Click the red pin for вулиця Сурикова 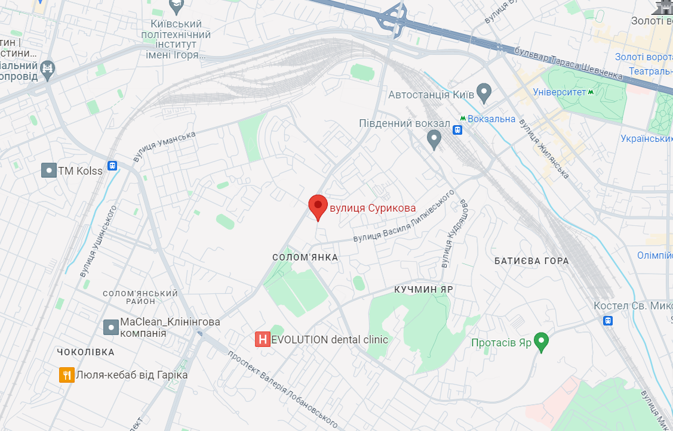(x=318, y=206)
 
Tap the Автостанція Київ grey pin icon (x=484, y=94)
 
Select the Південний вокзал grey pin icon (x=435, y=139)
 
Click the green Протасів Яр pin (x=541, y=342)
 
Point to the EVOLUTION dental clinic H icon (x=262, y=340)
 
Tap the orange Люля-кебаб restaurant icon (x=66, y=375)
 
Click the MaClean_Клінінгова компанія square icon (x=111, y=327)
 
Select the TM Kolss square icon (x=49, y=170)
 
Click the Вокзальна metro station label (x=491, y=119)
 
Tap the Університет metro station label (x=556, y=92)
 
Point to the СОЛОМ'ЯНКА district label (x=305, y=258)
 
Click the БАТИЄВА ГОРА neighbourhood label (x=531, y=261)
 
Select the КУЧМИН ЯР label (x=423, y=289)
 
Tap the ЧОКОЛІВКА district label (x=85, y=352)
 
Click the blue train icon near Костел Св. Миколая (x=608, y=320)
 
